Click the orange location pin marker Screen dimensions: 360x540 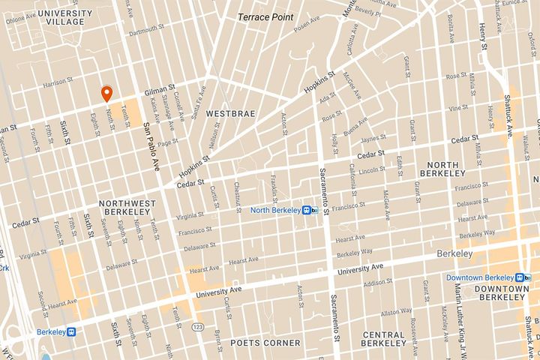(106, 94)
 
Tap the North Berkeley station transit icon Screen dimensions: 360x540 (307, 210)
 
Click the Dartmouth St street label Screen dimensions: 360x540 (145, 31)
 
